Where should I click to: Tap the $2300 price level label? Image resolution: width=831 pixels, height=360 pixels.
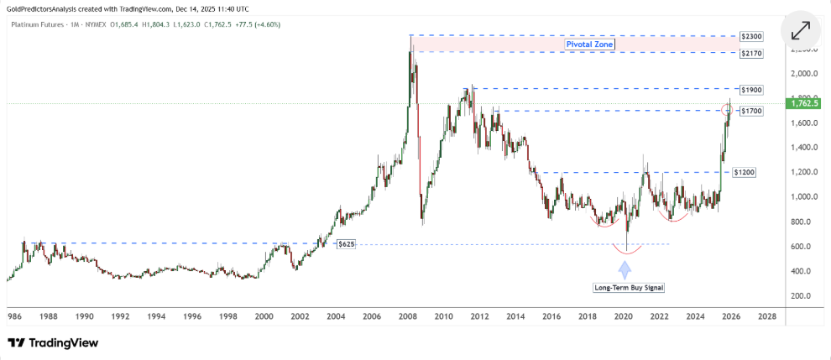pyautogui.click(x=750, y=37)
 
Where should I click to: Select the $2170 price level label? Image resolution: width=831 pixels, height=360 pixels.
pyautogui.click(x=750, y=53)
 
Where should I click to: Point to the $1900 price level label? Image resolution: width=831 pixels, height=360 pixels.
pyautogui.click(x=750, y=89)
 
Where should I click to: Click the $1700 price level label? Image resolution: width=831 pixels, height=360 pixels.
pyautogui.click(x=750, y=111)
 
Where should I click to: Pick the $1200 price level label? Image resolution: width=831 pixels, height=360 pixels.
pyautogui.click(x=744, y=172)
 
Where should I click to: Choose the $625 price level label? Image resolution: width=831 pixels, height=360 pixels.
pyautogui.click(x=346, y=244)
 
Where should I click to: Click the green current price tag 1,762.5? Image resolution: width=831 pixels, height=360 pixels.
pyautogui.click(x=806, y=103)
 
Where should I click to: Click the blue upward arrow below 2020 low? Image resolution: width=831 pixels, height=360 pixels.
pyautogui.click(x=625, y=269)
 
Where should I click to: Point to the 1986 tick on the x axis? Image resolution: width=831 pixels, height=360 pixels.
pyautogui.click(x=14, y=316)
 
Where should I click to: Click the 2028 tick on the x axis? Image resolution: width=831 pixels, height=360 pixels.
pyautogui.click(x=766, y=316)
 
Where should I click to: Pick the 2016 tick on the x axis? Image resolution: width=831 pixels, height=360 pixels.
pyautogui.click(x=551, y=316)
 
